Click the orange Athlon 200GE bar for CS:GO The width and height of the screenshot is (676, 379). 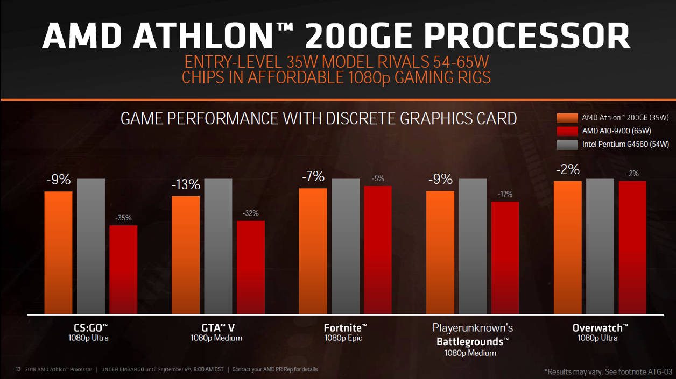pyautogui.click(x=58, y=253)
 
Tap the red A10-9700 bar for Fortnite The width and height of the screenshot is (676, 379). pyautogui.click(x=378, y=250)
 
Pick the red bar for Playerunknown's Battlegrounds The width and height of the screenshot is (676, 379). pyautogui.click(x=505, y=258)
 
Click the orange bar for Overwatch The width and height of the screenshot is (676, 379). pyautogui.click(x=567, y=247)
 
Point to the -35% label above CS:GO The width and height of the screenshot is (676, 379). pyautogui.click(x=123, y=218)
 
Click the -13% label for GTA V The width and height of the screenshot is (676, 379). pyautogui.click(x=186, y=185)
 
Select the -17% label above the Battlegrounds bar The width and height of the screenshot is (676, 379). pyautogui.click(x=505, y=194)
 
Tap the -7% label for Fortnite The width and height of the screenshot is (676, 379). pyautogui.click(x=313, y=176)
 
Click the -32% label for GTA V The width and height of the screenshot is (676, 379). pyautogui.click(x=250, y=213)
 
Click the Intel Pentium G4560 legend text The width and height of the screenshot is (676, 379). pyautogui.click(x=625, y=145)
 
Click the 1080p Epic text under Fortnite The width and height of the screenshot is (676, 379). pyautogui.click(x=343, y=338)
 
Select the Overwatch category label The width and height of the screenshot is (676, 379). pyautogui.click(x=600, y=327)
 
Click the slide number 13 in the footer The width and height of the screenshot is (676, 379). pyautogui.click(x=18, y=369)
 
